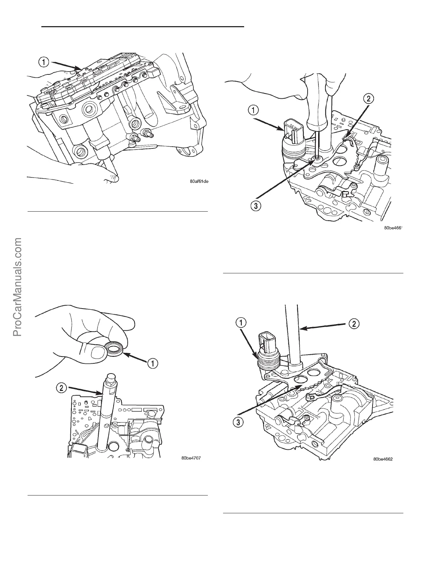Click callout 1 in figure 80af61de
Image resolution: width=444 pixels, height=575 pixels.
click(x=43, y=62)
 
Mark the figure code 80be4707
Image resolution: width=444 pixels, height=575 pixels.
click(x=191, y=458)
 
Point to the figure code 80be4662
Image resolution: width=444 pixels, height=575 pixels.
click(x=383, y=459)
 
